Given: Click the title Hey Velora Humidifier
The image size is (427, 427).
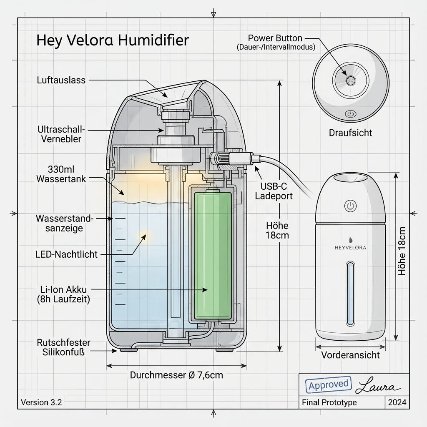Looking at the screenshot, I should tap(113, 40).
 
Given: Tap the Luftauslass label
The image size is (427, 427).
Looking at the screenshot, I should tap(61, 80).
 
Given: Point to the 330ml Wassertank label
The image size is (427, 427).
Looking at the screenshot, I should tap(61, 174).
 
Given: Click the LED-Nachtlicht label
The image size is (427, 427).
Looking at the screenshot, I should tap(67, 254).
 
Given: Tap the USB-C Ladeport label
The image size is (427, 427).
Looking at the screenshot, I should tap(276, 190).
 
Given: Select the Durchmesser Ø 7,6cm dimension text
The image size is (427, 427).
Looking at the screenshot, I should tap(176, 375).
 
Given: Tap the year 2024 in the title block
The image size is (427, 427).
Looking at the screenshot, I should tap(397, 402).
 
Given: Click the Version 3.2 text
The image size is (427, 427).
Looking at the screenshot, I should tap(41, 402).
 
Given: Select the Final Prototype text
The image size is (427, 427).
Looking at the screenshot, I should tap(329, 402).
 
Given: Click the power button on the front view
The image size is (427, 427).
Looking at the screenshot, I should tap(351, 206).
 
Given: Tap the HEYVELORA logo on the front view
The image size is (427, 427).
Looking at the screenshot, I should tap(351, 247).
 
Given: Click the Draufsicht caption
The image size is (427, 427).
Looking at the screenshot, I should tap(350, 133).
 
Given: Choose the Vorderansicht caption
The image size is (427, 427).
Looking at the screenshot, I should tap(350, 355).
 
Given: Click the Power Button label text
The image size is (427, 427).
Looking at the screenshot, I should tap(275, 39).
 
